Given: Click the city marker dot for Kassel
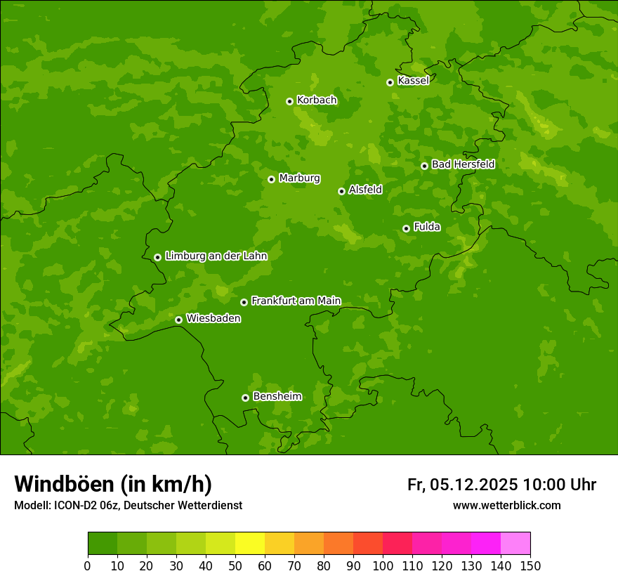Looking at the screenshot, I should [390, 82].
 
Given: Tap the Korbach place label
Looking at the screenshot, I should [317, 100].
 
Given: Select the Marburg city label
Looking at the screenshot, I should [299, 178].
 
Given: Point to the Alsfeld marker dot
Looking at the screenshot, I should [341, 191].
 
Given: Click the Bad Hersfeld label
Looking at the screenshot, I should [463, 164].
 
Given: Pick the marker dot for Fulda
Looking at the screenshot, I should [406, 228].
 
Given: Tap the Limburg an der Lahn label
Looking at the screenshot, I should [216, 256].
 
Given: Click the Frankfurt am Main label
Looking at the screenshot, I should [296, 301].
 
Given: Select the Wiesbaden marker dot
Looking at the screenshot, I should [178, 320].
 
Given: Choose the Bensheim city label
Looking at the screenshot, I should [277, 396].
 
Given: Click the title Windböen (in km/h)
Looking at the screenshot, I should [113, 484].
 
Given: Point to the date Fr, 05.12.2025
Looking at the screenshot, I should [462, 485].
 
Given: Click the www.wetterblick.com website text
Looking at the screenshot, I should [506, 506].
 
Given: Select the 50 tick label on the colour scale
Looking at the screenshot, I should [235, 566].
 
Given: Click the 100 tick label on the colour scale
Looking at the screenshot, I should [383, 566].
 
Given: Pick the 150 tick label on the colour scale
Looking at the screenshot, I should [530, 566].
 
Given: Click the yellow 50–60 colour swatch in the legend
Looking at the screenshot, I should [250, 544].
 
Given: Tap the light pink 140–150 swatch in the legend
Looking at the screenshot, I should [515, 544].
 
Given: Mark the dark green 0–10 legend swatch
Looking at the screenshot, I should [103, 544].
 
